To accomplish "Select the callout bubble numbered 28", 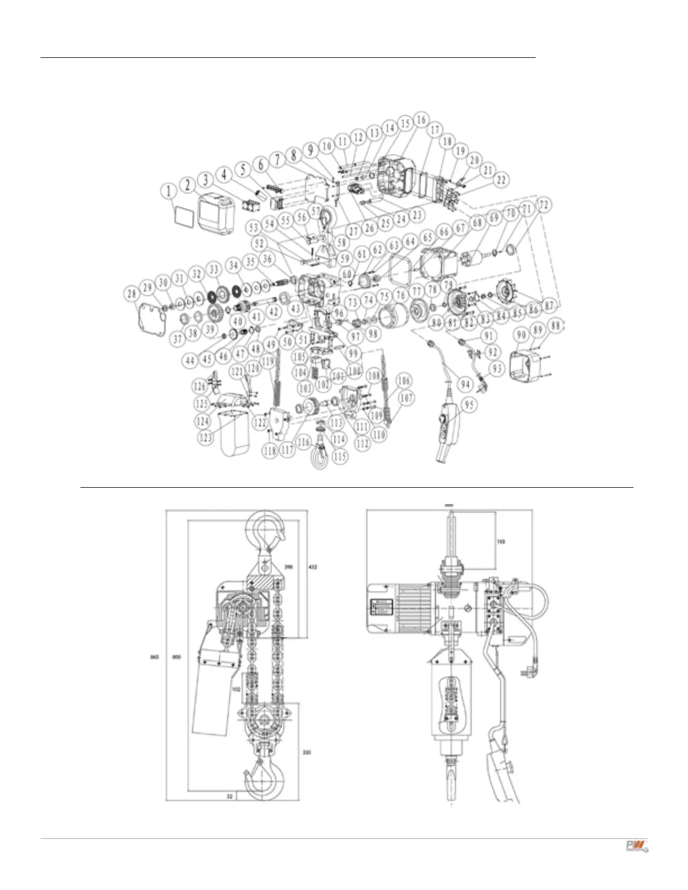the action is (132, 294).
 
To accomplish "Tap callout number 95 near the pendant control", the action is (469, 405).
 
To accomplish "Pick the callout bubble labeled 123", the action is (206, 435).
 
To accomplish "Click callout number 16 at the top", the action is (421, 119).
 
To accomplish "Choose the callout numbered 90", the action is (521, 335).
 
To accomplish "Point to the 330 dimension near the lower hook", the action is (306, 752).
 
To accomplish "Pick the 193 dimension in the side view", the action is (501, 542).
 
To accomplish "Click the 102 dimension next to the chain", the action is (236, 688).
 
